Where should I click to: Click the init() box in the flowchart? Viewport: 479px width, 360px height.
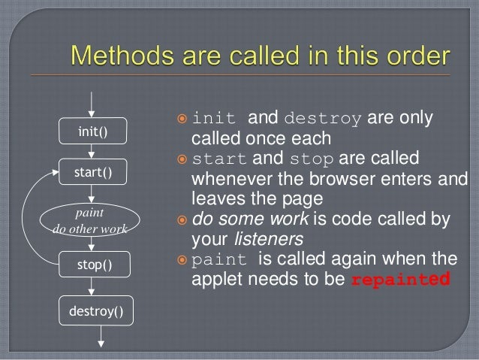click(x=93, y=133)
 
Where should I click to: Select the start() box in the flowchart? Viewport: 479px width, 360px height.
click(x=93, y=174)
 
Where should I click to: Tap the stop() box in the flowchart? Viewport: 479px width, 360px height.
click(x=93, y=265)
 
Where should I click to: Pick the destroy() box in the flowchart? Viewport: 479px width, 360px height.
click(x=93, y=310)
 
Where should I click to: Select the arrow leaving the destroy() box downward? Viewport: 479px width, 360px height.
click(x=93, y=337)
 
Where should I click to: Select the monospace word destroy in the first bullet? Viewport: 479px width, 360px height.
click(x=324, y=119)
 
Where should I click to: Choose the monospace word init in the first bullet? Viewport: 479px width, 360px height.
click(x=216, y=119)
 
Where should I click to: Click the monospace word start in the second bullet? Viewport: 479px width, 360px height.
click(x=221, y=160)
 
